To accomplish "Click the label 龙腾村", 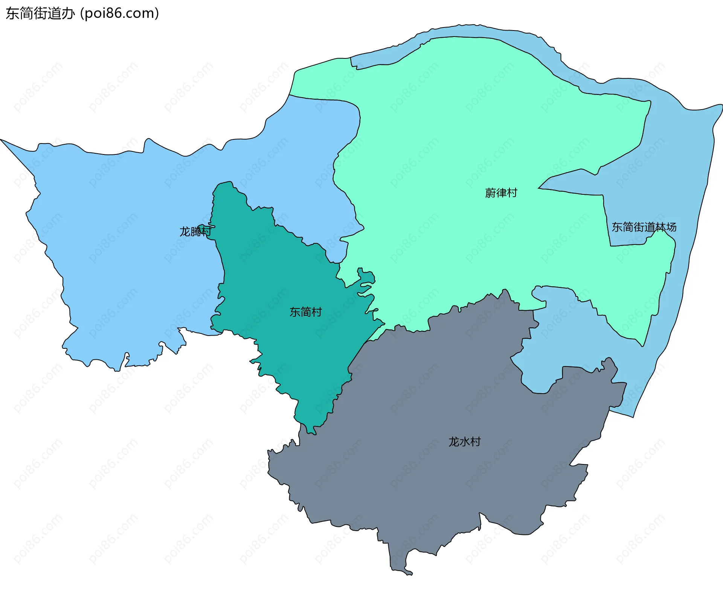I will tap(195, 231).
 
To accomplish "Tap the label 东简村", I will tap(305, 312).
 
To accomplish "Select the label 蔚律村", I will tap(501, 193).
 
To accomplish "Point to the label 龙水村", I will tap(464, 441).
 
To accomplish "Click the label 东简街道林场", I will tap(644, 227).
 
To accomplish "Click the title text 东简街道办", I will tap(40, 14).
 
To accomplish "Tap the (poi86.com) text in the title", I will tap(119, 14).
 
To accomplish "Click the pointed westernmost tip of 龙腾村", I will tap(2, 140).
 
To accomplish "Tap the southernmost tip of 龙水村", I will tap(409, 574).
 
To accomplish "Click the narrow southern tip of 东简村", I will tap(312, 432).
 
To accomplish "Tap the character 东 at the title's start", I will tap(12, 14).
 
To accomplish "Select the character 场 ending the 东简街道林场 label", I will tap(671, 227).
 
